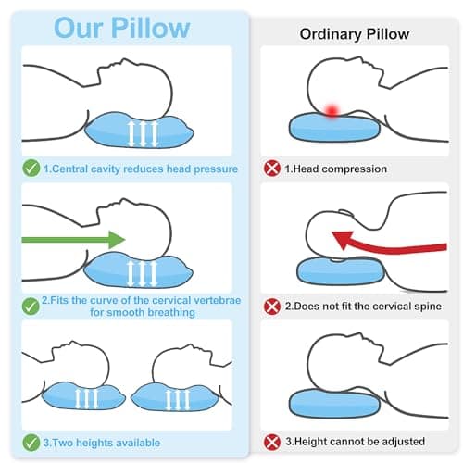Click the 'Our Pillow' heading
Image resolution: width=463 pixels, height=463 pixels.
(x=122, y=28)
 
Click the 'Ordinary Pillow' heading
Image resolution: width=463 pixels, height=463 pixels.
(x=355, y=34)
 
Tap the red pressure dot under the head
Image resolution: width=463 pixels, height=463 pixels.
(x=332, y=110)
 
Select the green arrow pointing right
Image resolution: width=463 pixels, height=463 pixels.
(x=73, y=240)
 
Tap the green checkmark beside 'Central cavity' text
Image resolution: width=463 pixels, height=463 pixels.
(x=31, y=169)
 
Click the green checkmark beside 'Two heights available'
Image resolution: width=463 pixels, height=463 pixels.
(x=31, y=443)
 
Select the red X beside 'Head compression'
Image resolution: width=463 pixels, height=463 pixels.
(x=272, y=169)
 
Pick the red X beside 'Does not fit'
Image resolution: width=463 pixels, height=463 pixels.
(x=272, y=307)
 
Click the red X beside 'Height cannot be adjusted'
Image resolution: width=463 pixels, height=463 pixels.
(x=272, y=442)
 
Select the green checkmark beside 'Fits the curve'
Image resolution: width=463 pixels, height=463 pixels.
(x=31, y=307)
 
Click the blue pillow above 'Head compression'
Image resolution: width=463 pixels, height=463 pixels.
(x=334, y=127)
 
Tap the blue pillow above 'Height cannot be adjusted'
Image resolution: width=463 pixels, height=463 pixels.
(x=334, y=403)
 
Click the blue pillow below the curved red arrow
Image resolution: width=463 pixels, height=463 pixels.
(x=341, y=271)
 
